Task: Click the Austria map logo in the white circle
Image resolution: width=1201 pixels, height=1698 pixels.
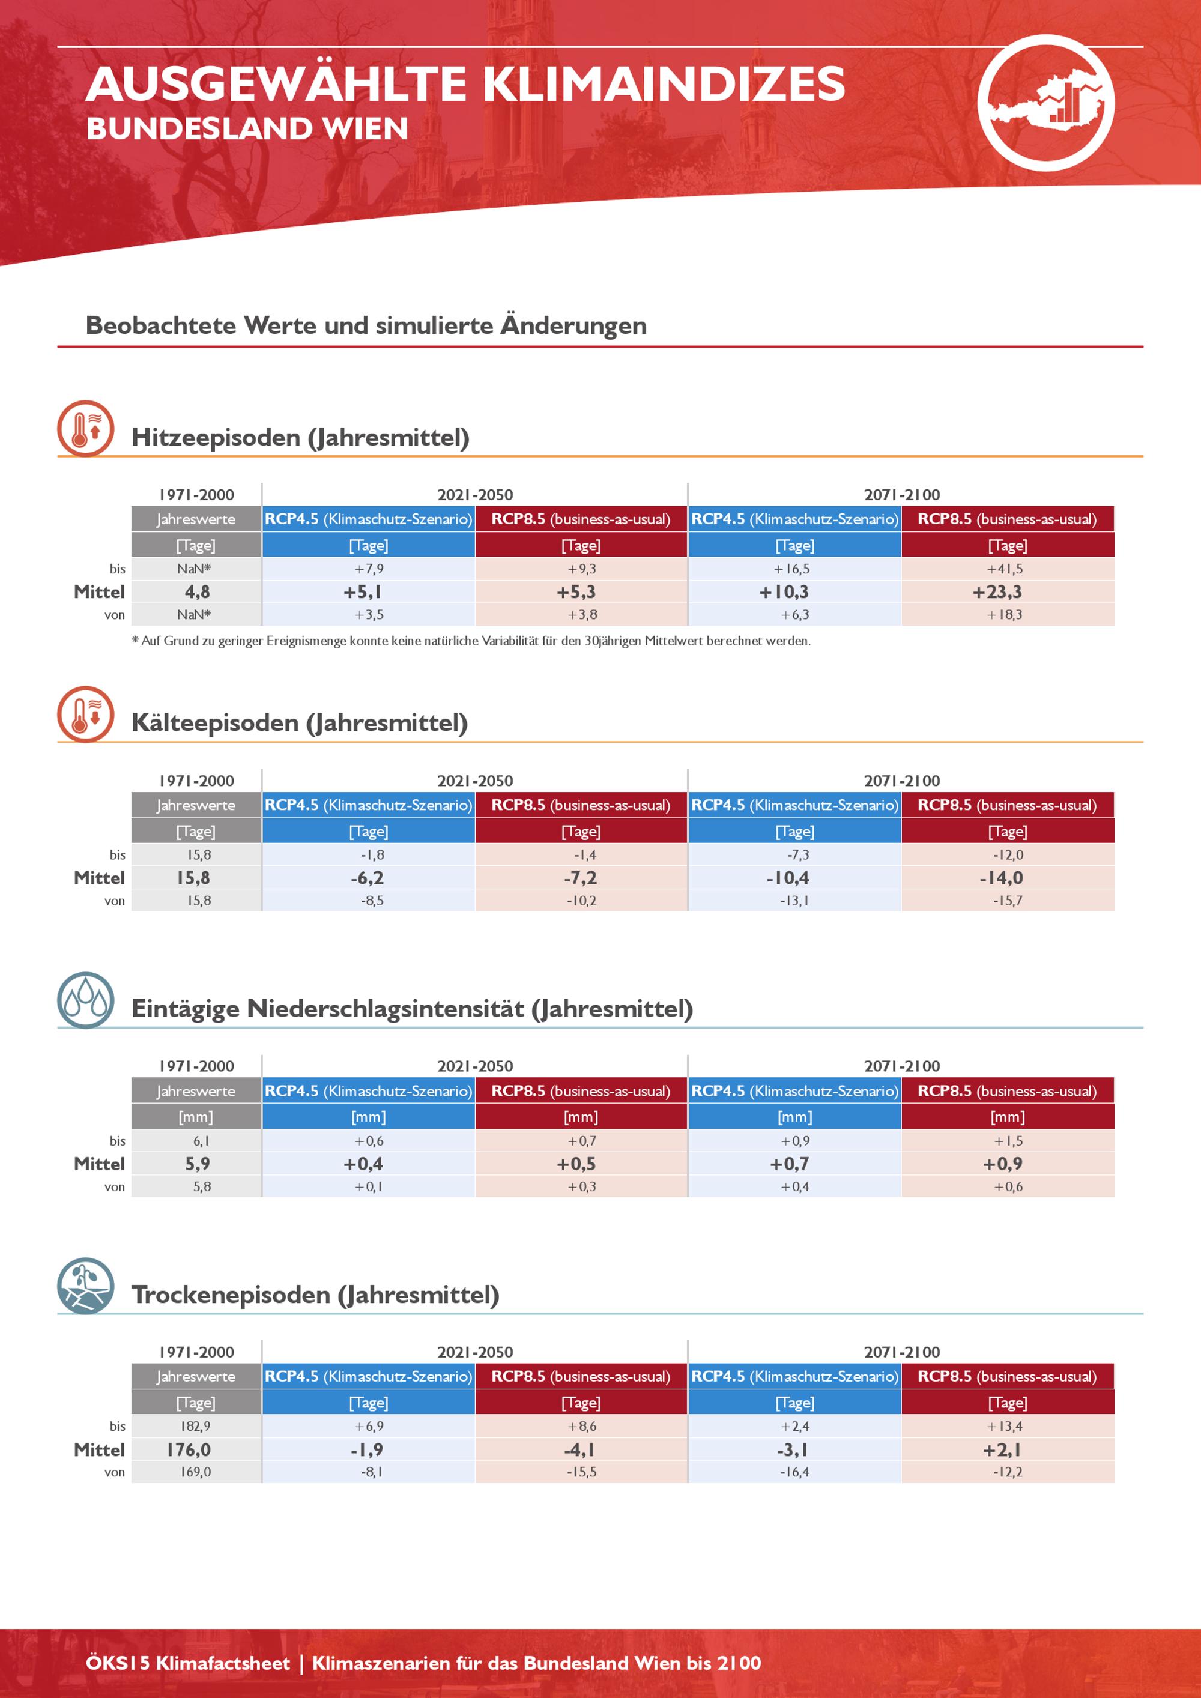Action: coord(1045,103)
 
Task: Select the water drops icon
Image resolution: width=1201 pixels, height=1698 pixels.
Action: coord(86,1000)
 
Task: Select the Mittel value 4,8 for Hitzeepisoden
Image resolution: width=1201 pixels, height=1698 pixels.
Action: coord(198,591)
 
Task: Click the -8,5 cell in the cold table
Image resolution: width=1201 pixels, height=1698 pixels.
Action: coord(372,901)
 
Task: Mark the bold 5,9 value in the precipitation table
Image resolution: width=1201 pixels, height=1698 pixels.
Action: coord(198,1163)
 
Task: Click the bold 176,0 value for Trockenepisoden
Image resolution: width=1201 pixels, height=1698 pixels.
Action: coord(189,1449)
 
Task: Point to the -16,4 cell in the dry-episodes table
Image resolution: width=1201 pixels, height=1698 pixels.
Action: coord(794,1472)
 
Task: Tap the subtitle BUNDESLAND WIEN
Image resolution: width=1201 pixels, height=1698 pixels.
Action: coord(247,128)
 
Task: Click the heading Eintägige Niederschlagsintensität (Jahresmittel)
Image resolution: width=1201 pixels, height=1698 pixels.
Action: coord(412,1009)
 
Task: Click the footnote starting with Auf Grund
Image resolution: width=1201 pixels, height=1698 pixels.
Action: coord(471,641)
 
